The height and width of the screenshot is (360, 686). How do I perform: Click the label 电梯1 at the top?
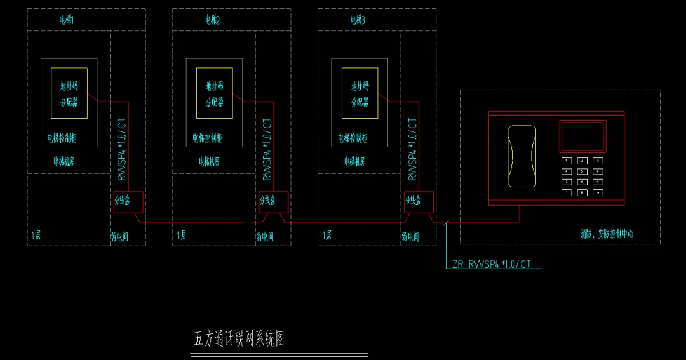click(67, 20)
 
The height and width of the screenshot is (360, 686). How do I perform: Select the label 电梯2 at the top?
click(212, 20)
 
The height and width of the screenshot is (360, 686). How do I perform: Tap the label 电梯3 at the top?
click(358, 20)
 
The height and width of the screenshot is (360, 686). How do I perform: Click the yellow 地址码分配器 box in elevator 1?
click(69, 93)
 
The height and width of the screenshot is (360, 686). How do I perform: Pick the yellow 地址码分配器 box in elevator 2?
click(215, 93)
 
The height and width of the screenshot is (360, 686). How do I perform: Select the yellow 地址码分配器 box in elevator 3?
click(360, 93)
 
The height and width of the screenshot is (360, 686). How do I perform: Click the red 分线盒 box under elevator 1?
click(128, 201)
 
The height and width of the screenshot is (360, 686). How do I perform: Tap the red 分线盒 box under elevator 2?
click(274, 201)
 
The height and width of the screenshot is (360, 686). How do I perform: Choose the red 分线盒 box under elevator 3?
click(419, 201)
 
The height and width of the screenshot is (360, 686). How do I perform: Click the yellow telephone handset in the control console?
click(521, 156)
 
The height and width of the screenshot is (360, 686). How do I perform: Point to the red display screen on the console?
click(582, 137)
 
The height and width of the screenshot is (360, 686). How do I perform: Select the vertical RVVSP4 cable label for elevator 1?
click(122, 150)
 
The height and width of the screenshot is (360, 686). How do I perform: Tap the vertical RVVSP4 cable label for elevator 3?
click(412, 150)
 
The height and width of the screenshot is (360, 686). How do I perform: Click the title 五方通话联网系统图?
click(239, 339)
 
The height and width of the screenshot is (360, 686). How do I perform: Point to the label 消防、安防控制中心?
click(606, 234)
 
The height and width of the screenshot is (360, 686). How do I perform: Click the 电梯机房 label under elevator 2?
click(209, 162)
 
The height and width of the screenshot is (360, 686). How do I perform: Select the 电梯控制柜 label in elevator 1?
click(62, 137)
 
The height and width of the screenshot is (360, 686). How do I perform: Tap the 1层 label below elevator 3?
click(327, 236)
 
